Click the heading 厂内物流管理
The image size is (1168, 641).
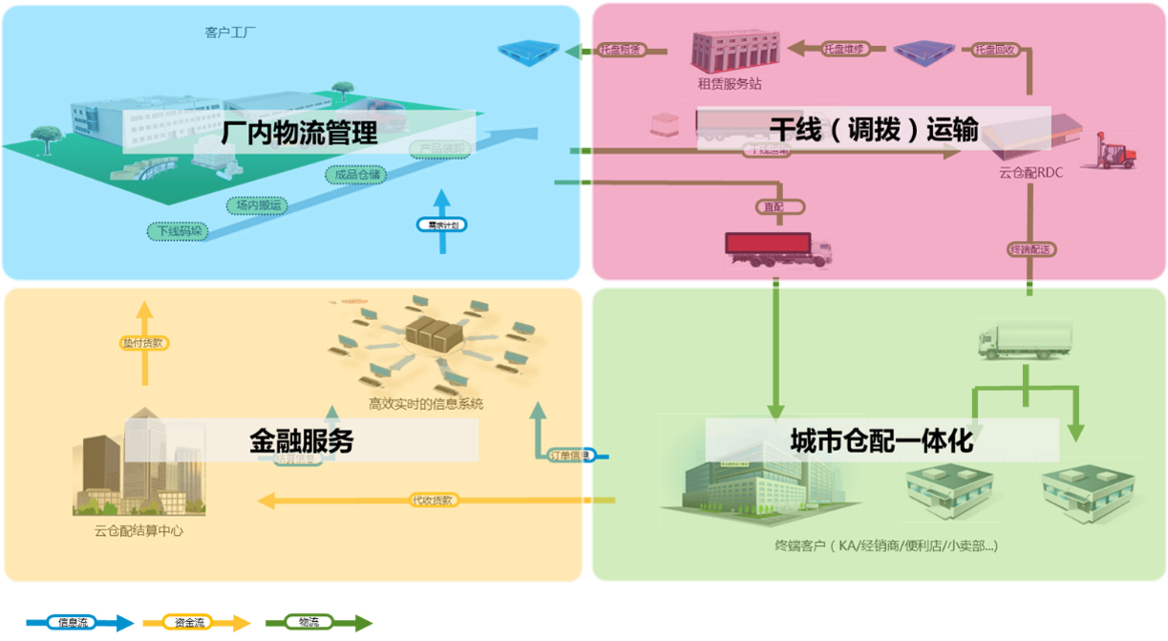pyautogui.click(x=299, y=132)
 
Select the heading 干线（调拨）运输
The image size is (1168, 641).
pyautogui.click(x=874, y=128)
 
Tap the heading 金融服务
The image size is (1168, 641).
pyautogui.click(x=301, y=440)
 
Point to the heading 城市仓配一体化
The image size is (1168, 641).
pyautogui.click(x=881, y=440)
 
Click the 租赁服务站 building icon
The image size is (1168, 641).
pyautogui.click(x=731, y=51)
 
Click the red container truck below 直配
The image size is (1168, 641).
pyautogui.click(x=779, y=251)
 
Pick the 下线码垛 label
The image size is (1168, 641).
pyautogui.click(x=179, y=231)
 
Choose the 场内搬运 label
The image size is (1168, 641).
pyautogui.click(x=259, y=204)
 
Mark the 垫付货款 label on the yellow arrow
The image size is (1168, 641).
pyautogui.click(x=144, y=342)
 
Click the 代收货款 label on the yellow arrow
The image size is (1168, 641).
pyautogui.click(x=432, y=500)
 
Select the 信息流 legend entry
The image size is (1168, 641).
pyautogui.click(x=74, y=623)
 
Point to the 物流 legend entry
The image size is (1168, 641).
pyautogui.click(x=309, y=623)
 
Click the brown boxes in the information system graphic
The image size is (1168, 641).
pyautogui.click(x=434, y=333)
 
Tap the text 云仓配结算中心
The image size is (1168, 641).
pyautogui.click(x=138, y=531)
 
